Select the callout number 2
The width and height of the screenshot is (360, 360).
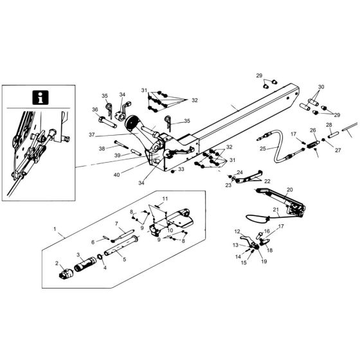tap(57, 264)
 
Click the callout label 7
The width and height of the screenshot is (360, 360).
tap(117, 223)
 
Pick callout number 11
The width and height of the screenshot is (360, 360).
tap(164, 199)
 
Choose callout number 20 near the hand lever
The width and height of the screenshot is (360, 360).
tap(289, 190)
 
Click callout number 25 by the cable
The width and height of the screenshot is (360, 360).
tap(263, 149)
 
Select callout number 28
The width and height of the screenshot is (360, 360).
tap(329, 125)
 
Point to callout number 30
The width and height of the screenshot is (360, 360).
tap(321, 87)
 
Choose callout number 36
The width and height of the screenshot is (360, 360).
tap(94, 109)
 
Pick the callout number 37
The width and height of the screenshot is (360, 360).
tap(92, 134)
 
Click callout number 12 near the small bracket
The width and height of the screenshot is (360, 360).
tap(237, 231)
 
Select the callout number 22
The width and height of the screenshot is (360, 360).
tap(267, 182)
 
